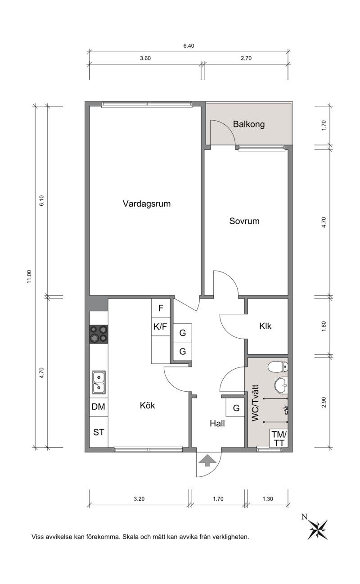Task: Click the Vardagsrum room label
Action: (147, 204)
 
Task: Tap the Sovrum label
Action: (244, 221)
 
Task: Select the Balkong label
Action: (249, 124)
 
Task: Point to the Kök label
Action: (148, 405)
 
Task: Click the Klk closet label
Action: (265, 326)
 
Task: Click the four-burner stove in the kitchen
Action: (99, 334)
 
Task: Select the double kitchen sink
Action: (99, 382)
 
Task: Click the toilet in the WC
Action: (278, 367)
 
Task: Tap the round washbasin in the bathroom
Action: (281, 385)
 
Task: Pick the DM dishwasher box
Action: (99, 407)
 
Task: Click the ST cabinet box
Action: (99, 432)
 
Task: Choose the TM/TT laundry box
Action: (279, 438)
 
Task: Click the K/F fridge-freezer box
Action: (161, 326)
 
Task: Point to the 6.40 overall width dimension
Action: (189, 46)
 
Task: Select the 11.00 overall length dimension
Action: (29, 276)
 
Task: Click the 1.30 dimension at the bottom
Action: (268, 499)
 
